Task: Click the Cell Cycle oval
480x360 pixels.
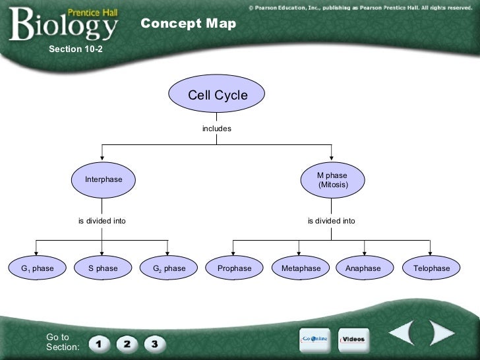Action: click(x=218, y=95)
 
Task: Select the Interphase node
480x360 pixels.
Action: click(x=104, y=180)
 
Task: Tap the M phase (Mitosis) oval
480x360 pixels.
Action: click(x=332, y=180)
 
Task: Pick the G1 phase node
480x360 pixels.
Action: click(x=37, y=268)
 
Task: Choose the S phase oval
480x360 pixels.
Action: click(x=103, y=268)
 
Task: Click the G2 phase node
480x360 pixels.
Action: click(x=169, y=268)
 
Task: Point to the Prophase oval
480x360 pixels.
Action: click(x=235, y=268)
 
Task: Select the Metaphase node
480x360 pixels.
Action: click(x=301, y=268)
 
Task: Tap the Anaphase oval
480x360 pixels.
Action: click(x=363, y=268)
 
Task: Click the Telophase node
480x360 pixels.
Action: click(x=431, y=268)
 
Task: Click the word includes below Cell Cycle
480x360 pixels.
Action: click(x=217, y=129)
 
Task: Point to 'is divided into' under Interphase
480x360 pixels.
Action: click(x=102, y=221)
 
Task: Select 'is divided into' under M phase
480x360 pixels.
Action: click(x=331, y=221)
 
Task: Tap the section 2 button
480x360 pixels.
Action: click(x=127, y=344)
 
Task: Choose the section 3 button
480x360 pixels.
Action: click(x=154, y=344)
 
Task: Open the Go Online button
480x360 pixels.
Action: click(x=315, y=339)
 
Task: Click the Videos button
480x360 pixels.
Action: click(x=354, y=339)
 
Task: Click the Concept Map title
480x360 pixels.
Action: click(x=188, y=24)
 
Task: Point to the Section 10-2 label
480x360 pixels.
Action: click(x=76, y=49)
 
